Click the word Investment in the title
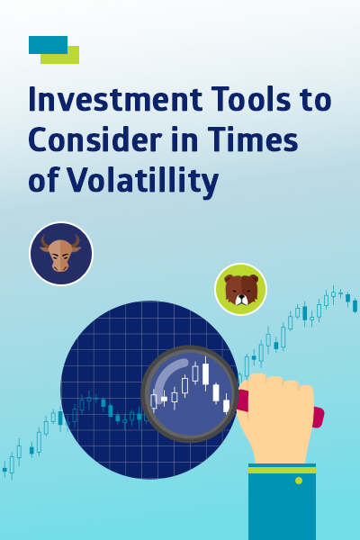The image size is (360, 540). coord(115,99)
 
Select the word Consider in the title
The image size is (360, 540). coord(95,139)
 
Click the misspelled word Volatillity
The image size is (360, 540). coord(142,181)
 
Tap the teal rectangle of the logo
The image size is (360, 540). coord(48,45)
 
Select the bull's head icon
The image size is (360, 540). coord(61,254)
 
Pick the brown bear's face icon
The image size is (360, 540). coord(241,289)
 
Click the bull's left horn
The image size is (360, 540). coord(44,240)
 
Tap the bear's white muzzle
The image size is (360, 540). coord(241,300)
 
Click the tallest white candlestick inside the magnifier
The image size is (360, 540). coord(206,373)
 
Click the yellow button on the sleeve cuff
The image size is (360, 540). coord(299,481)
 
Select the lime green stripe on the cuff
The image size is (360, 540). coord(282,470)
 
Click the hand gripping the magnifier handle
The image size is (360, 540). coord(275,417)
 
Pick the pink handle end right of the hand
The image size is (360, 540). coord(319,418)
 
